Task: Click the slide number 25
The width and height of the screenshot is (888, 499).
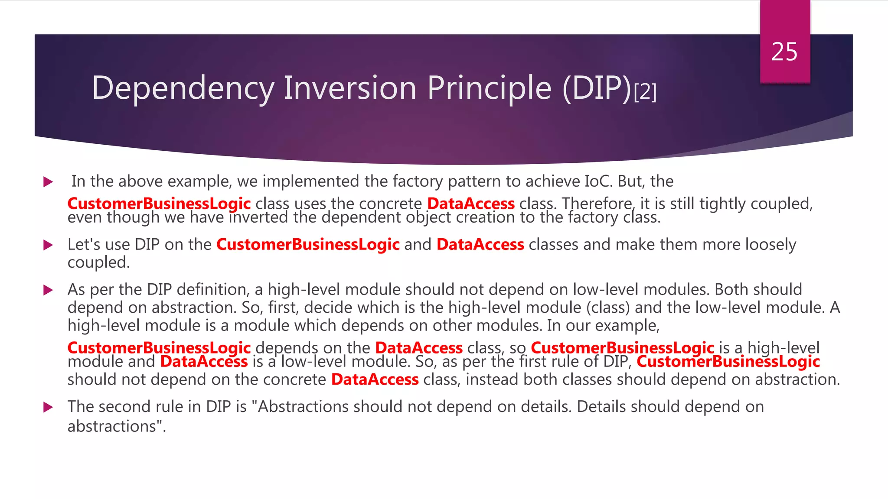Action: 784,52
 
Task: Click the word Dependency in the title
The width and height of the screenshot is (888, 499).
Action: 183,88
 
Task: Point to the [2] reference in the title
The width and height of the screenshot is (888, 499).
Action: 645,91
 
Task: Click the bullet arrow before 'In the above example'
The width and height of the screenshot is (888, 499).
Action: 48,182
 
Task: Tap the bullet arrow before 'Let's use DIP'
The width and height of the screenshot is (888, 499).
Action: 48,245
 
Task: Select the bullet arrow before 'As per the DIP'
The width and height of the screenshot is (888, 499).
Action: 48,290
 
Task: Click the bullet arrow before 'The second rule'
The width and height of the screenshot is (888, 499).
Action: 48,407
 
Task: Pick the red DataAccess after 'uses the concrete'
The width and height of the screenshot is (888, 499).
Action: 471,204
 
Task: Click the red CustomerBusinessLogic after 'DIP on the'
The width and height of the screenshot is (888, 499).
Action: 308,245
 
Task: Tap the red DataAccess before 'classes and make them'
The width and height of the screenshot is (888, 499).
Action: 480,245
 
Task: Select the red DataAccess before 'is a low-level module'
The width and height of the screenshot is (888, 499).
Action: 204,362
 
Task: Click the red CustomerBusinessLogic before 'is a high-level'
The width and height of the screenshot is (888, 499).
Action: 622,347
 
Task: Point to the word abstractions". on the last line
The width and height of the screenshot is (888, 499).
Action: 117,426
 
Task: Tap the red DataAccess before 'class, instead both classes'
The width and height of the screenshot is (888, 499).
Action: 375,379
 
